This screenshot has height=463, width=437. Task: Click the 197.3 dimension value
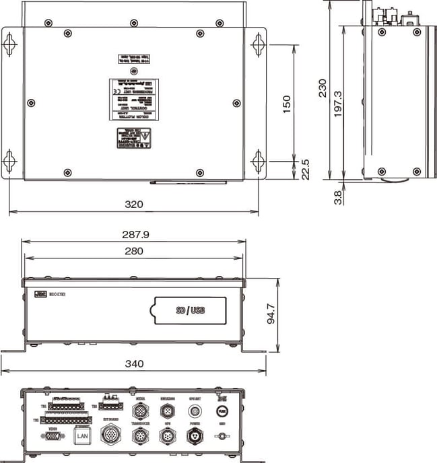click(337, 104)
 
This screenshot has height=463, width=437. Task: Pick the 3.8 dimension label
click(337, 197)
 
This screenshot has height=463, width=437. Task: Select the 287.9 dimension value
click(135, 235)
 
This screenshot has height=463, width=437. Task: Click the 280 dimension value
click(135, 251)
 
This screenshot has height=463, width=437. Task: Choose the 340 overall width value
click(134, 364)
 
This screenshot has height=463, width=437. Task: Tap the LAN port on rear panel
click(82, 437)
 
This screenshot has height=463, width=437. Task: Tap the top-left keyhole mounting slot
click(9, 44)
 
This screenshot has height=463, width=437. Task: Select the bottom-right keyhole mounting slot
click(258, 161)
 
